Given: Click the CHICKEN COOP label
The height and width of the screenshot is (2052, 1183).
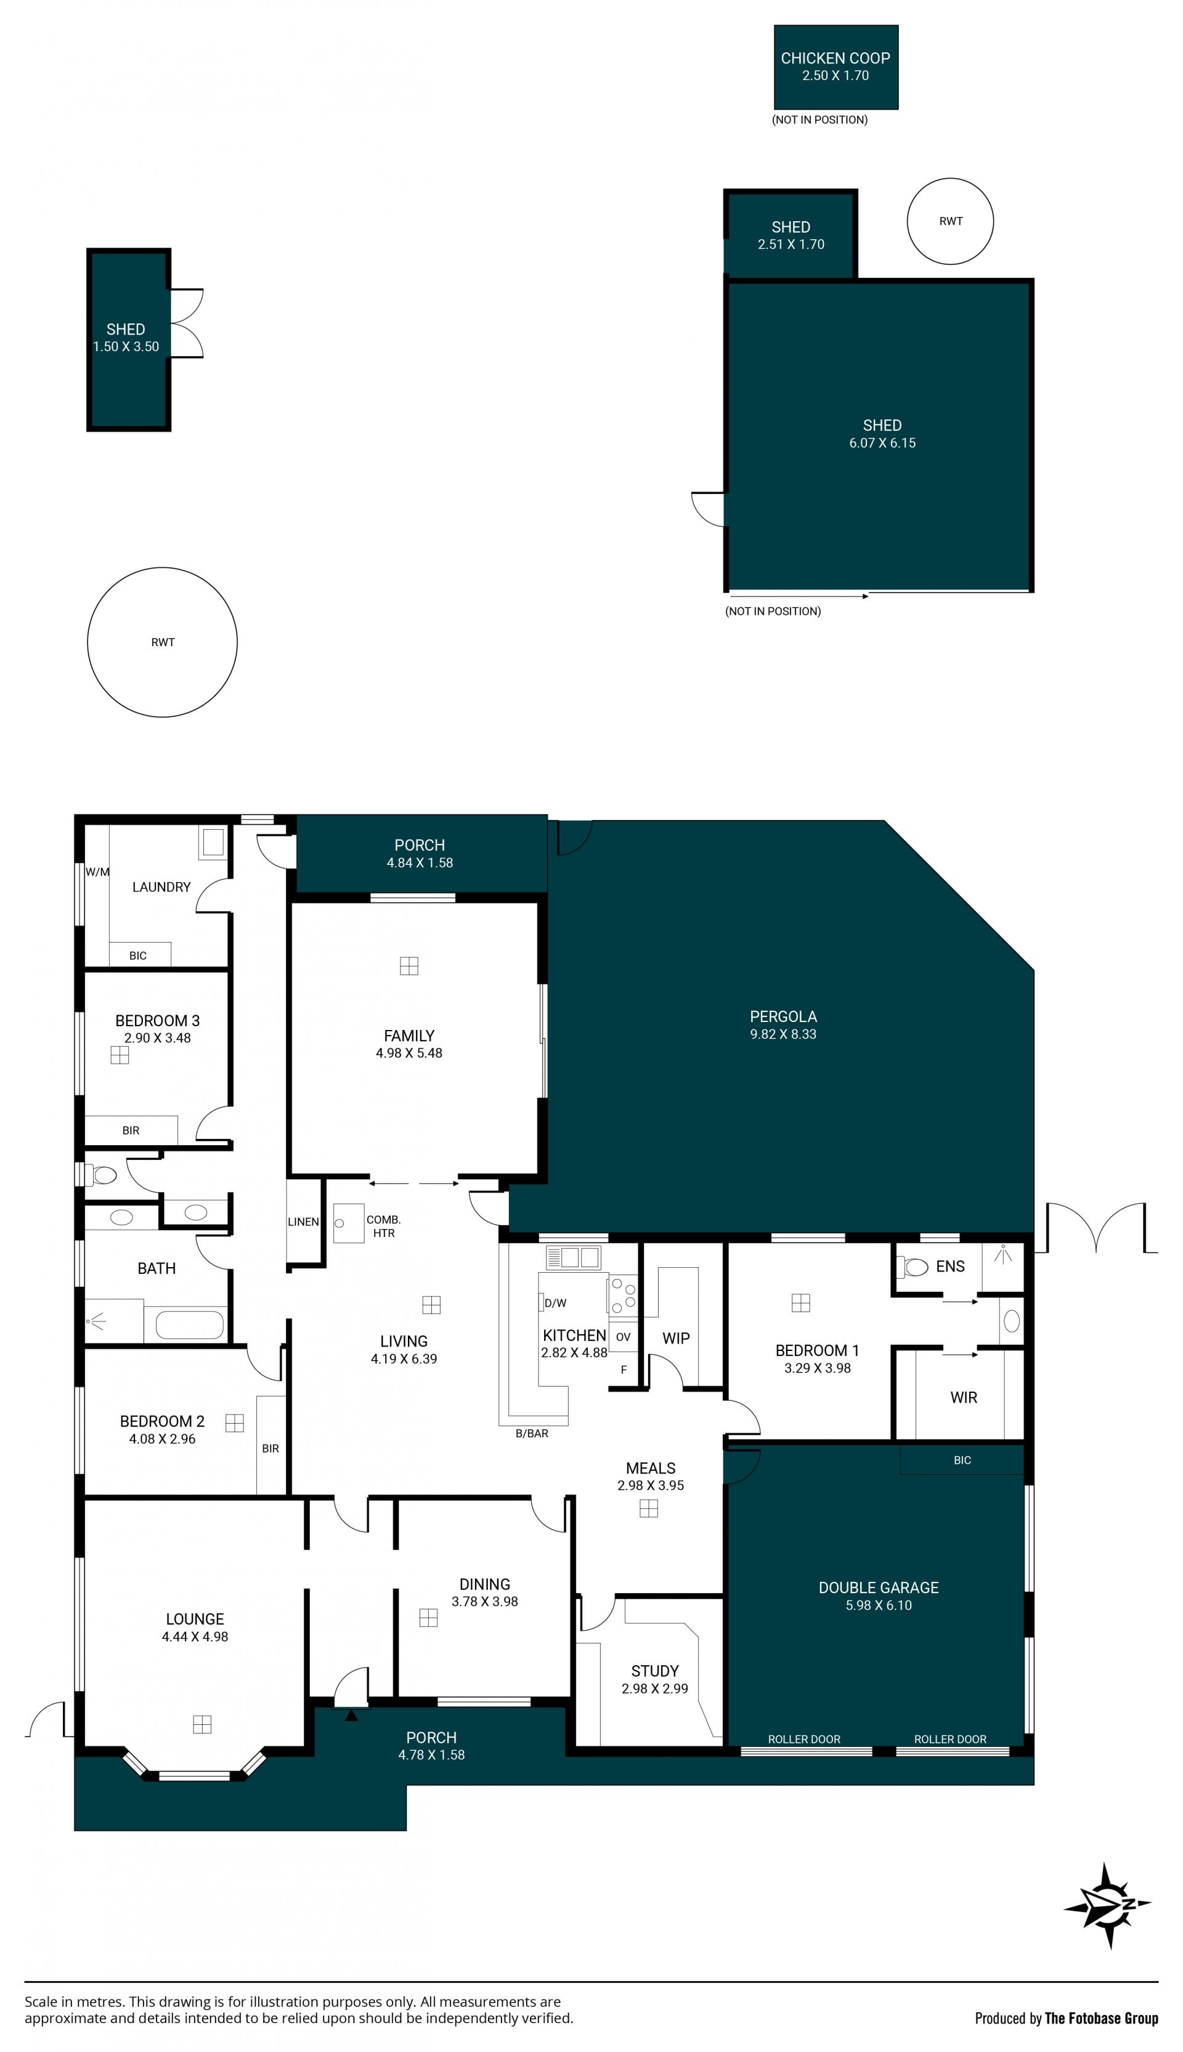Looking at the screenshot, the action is (835, 59).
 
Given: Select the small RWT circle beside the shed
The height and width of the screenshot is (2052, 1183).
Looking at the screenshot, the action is (950, 221).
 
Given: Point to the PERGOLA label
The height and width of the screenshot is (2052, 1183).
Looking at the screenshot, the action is (783, 1016).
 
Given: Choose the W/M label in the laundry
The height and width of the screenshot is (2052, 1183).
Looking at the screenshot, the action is (97, 872).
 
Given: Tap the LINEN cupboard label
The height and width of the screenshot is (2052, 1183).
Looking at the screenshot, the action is (303, 1222).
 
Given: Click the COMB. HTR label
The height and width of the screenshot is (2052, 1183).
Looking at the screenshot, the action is (383, 1226).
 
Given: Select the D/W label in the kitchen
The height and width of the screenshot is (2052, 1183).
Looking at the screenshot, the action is (556, 1303).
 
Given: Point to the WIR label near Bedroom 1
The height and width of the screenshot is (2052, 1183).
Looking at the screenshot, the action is (964, 1397).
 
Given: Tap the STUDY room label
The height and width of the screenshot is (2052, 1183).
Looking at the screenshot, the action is (655, 1671).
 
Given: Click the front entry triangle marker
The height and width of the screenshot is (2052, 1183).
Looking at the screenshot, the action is (351, 1716).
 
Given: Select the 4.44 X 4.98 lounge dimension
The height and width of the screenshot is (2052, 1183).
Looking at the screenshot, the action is (195, 1637).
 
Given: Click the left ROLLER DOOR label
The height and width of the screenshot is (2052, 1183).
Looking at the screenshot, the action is (804, 1739).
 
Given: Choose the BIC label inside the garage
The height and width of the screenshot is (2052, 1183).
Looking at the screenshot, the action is (962, 1460).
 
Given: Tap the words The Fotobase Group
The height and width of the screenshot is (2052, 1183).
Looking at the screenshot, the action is (1101, 2018).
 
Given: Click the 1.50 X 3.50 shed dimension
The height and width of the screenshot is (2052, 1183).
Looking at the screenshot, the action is (126, 347).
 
